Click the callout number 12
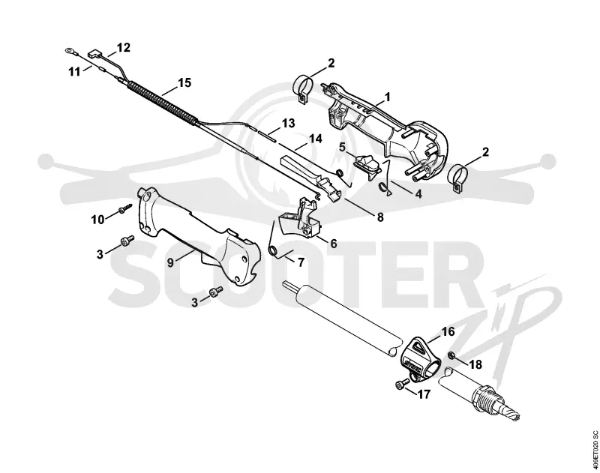[124, 48]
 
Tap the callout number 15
[184, 82]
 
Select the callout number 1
[387, 97]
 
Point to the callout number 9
[171, 262]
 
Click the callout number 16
[448, 331]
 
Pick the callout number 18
[475, 364]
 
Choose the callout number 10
[97, 220]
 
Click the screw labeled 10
[124, 208]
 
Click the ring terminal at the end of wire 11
[69, 49]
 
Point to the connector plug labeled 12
[93, 54]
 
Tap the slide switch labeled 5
[367, 165]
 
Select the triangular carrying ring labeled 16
[419, 357]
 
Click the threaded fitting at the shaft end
[493, 403]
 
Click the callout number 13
[288, 124]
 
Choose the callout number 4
[418, 194]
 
